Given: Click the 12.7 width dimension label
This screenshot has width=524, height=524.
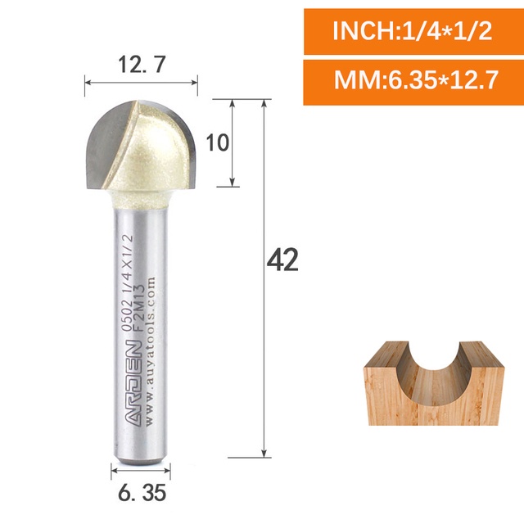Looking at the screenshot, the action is click(142, 65).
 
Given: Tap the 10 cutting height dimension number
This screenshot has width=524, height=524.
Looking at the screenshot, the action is click(218, 142).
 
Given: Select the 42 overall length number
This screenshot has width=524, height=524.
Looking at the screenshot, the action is click(282, 260).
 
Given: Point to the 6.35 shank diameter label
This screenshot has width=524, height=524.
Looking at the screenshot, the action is click(142, 493).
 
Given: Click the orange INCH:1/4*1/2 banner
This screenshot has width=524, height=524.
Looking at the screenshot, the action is click(413, 31).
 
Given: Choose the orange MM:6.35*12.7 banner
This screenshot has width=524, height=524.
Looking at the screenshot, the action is click(413, 82).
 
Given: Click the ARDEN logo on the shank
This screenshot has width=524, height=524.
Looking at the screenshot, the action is click(134, 383).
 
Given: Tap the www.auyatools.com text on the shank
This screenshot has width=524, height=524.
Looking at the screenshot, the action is click(151, 350).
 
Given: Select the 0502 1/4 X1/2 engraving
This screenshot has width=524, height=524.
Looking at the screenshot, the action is click(128, 282).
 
